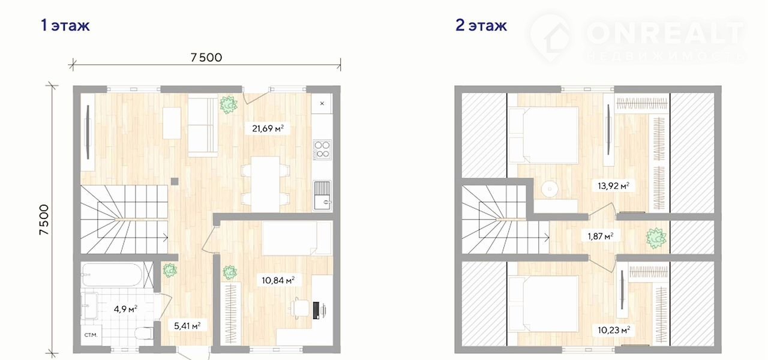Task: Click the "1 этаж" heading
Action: [65, 25]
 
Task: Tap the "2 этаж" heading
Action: [481, 25]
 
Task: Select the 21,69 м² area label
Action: [268, 128]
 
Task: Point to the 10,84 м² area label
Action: [278, 280]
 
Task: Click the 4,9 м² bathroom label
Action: [125, 309]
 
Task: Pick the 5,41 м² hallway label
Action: [187, 326]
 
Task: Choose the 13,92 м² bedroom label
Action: [613, 186]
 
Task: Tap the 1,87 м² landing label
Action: [601, 236]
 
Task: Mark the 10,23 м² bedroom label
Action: [614, 330]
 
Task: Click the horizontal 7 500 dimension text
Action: [206, 57]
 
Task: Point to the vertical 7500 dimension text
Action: [44, 220]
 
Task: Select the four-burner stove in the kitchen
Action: [322, 149]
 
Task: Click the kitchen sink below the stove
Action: [322, 196]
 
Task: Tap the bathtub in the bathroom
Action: [112, 275]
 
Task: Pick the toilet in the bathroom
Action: [144, 333]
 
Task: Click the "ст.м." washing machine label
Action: [91, 335]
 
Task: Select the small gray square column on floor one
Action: [175, 181]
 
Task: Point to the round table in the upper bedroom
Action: [550, 189]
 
